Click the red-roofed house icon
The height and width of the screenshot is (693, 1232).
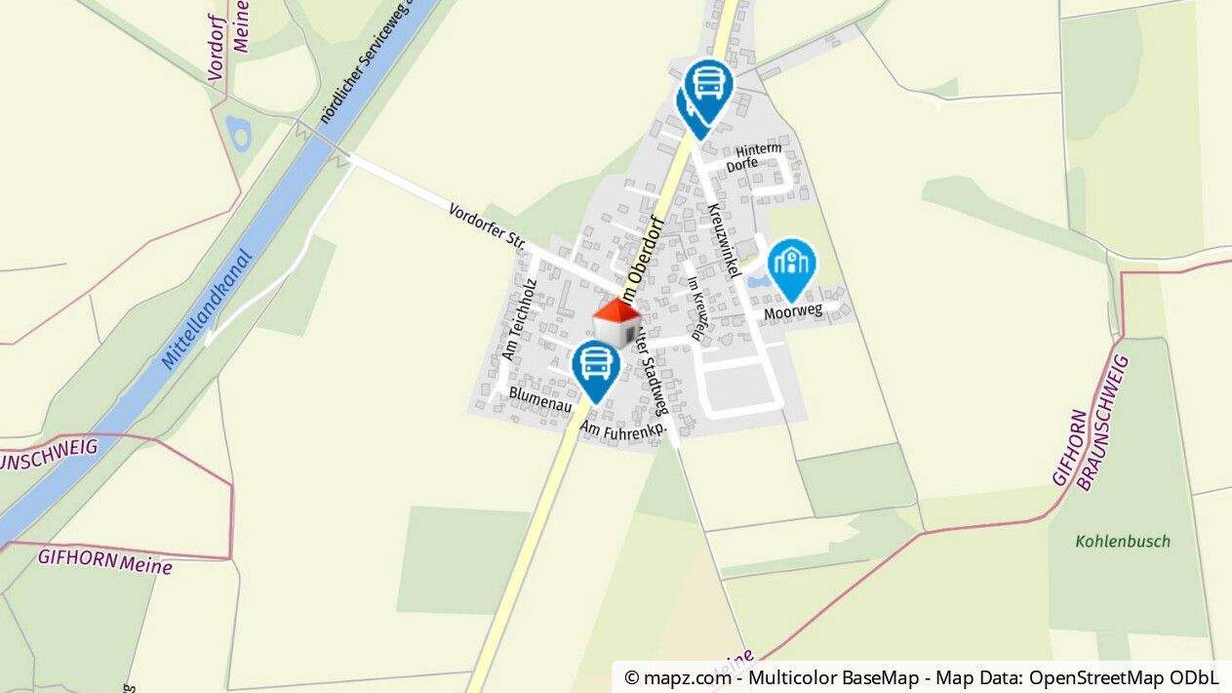click(616, 324)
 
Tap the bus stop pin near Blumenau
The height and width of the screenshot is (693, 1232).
click(595, 368)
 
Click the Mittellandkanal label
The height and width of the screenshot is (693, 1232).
click(207, 311)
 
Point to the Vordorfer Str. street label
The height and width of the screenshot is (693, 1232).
click(488, 224)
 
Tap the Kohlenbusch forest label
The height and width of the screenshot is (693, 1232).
click(1123, 541)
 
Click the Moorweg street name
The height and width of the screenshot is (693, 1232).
click(793, 311)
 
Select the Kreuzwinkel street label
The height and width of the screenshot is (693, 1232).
click(719, 238)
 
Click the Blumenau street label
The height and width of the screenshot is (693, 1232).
click(539, 402)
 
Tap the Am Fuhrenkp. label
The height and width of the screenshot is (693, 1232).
click(623, 432)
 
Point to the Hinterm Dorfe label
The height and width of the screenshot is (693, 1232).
click(758, 155)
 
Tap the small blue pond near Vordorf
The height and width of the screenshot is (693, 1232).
click(238, 132)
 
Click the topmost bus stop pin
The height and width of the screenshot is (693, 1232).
click(708, 86)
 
